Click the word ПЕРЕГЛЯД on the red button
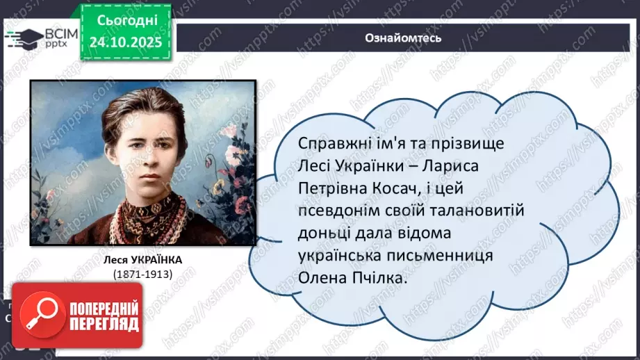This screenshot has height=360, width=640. (x=104, y=324)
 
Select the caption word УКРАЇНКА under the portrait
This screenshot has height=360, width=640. (x=165, y=260)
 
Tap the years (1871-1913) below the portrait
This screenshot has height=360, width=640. (x=143, y=274)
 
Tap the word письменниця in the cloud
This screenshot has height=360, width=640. (x=439, y=255)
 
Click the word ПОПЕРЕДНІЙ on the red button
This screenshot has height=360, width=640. (x=104, y=308)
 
